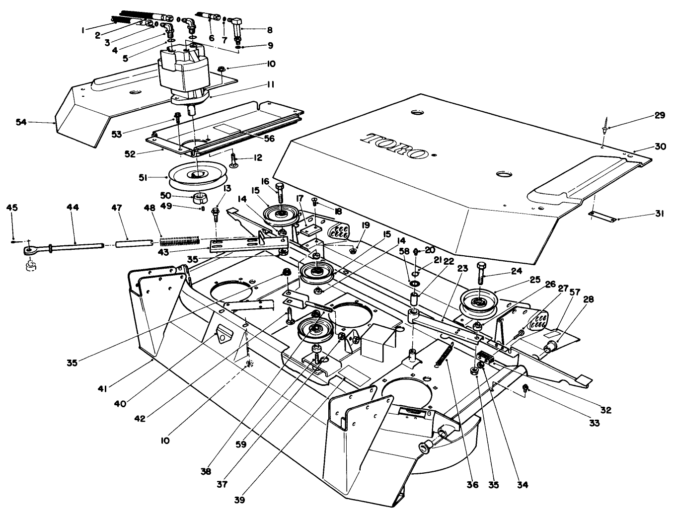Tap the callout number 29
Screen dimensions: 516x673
(x=659, y=115)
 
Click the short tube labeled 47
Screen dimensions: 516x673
(x=133, y=244)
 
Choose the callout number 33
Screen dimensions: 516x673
(x=594, y=423)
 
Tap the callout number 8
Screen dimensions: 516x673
(x=270, y=30)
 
